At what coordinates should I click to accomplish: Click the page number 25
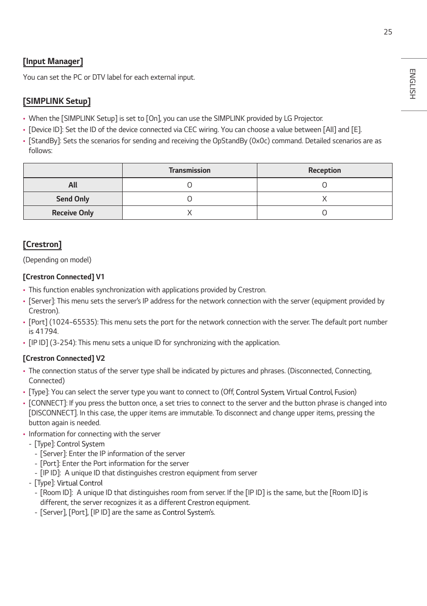(x=388, y=32)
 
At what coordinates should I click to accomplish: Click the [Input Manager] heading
(x=53, y=61)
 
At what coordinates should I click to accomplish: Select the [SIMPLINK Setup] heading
(x=57, y=101)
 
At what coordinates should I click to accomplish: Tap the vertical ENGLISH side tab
(x=412, y=84)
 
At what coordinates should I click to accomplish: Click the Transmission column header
(x=189, y=171)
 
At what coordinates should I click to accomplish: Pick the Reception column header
(x=325, y=171)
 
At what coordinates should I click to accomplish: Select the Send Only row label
(x=73, y=199)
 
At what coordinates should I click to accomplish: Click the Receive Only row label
(x=73, y=213)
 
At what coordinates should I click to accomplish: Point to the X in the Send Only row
(x=325, y=199)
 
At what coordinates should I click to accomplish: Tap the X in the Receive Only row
(x=189, y=213)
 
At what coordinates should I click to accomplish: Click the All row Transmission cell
(x=189, y=185)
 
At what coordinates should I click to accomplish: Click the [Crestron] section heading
(x=42, y=244)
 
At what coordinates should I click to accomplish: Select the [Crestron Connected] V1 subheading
(x=64, y=277)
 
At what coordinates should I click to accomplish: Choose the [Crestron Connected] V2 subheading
(x=64, y=358)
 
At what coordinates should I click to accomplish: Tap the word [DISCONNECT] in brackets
(x=53, y=413)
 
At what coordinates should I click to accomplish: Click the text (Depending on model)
(x=57, y=260)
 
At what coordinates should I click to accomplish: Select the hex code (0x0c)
(x=260, y=141)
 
